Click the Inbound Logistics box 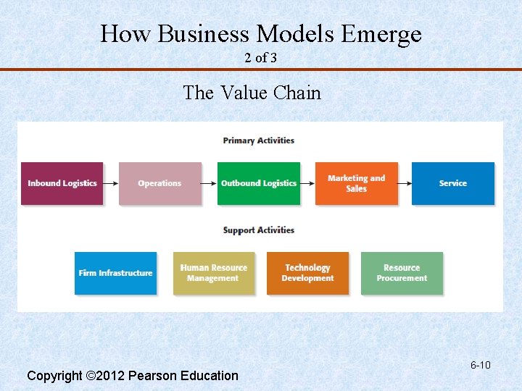(x=62, y=183)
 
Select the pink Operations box (x=159, y=183)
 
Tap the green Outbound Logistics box (x=259, y=183)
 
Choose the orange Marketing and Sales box (x=356, y=183)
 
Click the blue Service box (x=453, y=183)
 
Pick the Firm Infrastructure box (x=115, y=273)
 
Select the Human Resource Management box (x=213, y=273)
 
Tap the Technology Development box (x=307, y=273)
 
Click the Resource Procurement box (x=402, y=273)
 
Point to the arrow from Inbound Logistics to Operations (x=111, y=183)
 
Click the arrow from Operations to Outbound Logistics (x=210, y=183)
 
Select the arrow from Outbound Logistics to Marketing (x=307, y=183)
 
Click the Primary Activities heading (x=259, y=140)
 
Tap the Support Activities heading (x=259, y=230)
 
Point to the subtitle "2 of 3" (x=260, y=58)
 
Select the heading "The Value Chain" (x=252, y=93)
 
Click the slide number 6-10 (x=480, y=365)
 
